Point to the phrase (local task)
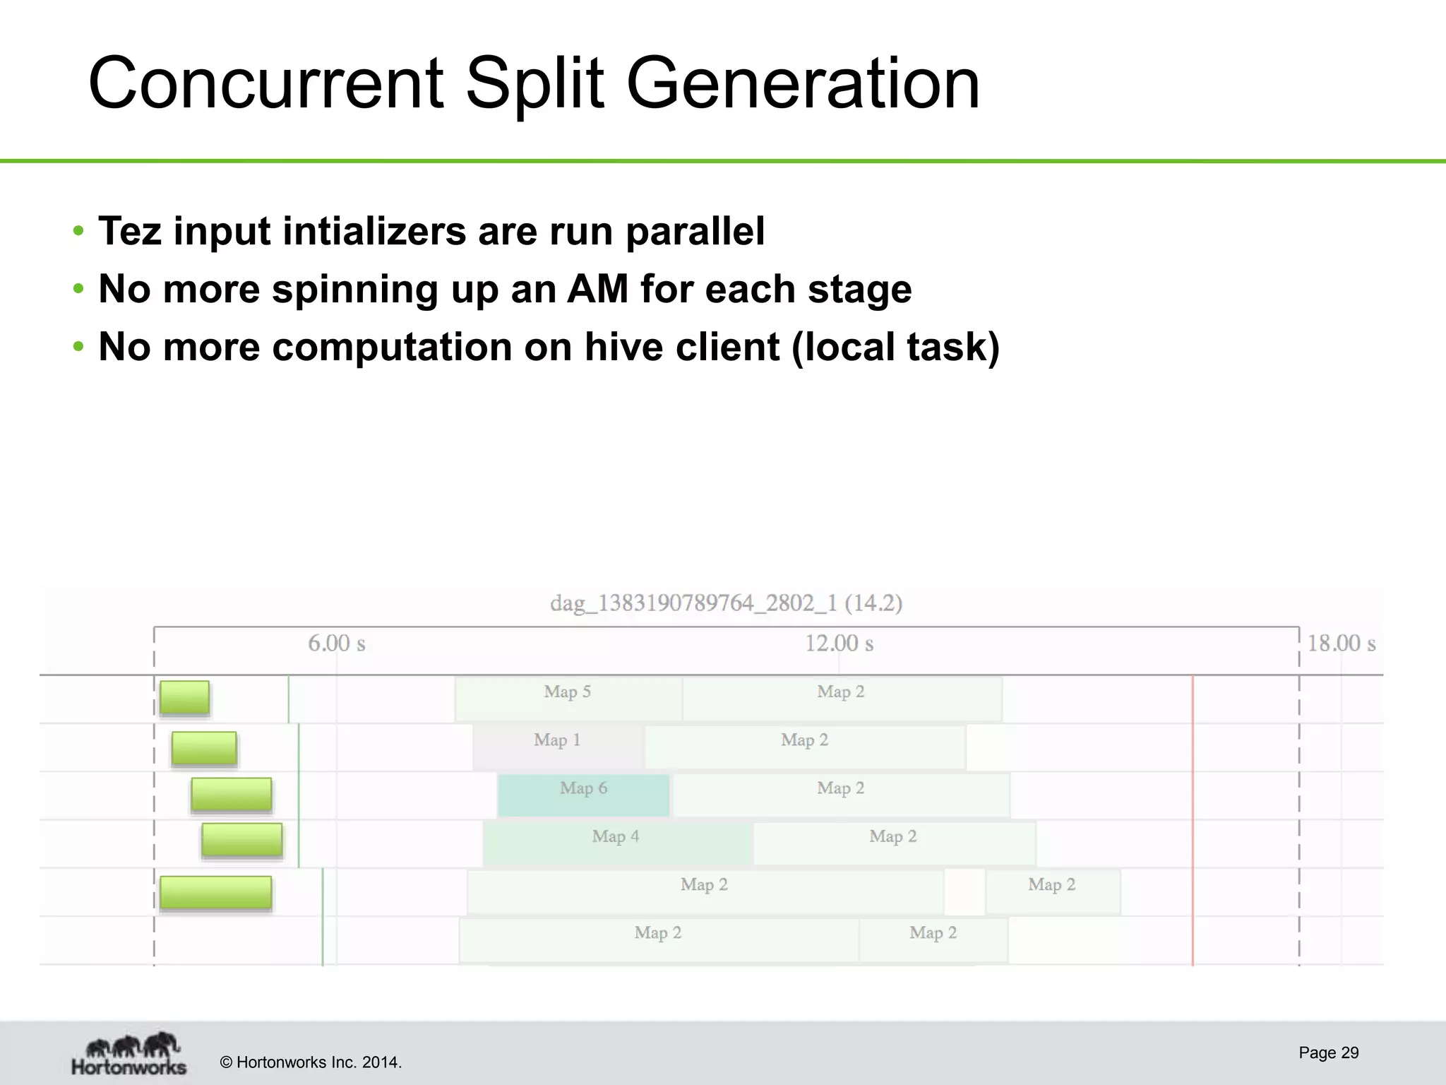pyautogui.click(x=895, y=347)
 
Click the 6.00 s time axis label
pyautogui.click(x=336, y=644)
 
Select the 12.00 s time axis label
pyautogui.click(x=839, y=644)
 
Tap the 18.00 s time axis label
pyautogui.click(x=1341, y=644)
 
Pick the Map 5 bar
pyautogui.click(x=568, y=699)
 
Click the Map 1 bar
pyautogui.click(x=558, y=747)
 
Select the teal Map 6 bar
pyautogui.click(x=583, y=795)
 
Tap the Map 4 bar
pyautogui.click(x=616, y=843)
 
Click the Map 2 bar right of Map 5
pyautogui.click(x=841, y=699)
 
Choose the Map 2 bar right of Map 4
pyautogui.click(x=893, y=843)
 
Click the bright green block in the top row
pyautogui.click(x=184, y=698)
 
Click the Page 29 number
pyautogui.click(x=1328, y=1053)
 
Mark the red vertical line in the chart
pyautogui.click(x=1193, y=819)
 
